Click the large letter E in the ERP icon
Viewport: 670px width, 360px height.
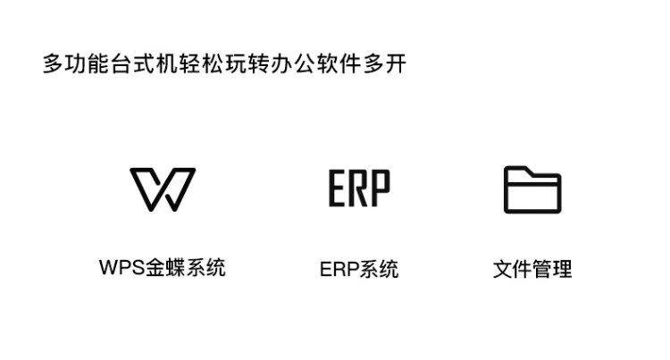click(337, 188)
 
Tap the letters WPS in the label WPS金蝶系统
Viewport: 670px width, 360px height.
click(121, 267)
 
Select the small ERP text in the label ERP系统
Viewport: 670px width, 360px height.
click(339, 270)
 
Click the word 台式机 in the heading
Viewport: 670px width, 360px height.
click(144, 63)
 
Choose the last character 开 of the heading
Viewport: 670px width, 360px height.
click(395, 63)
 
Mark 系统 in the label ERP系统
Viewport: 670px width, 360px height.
click(379, 270)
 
